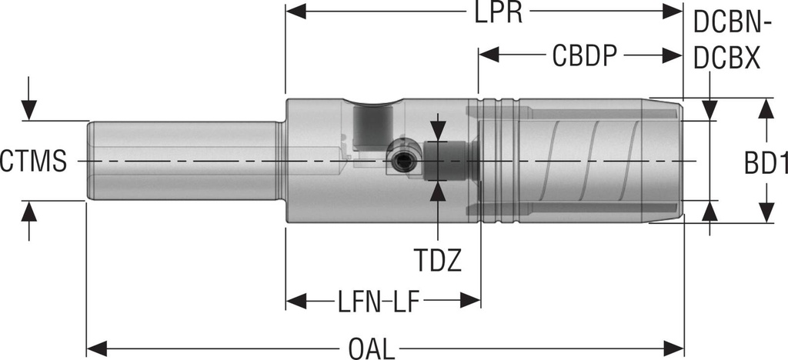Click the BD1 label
click(x=765, y=162)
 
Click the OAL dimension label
click(x=372, y=348)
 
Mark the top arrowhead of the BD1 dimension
click(x=764, y=107)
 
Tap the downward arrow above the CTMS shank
click(x=28, y=111)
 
